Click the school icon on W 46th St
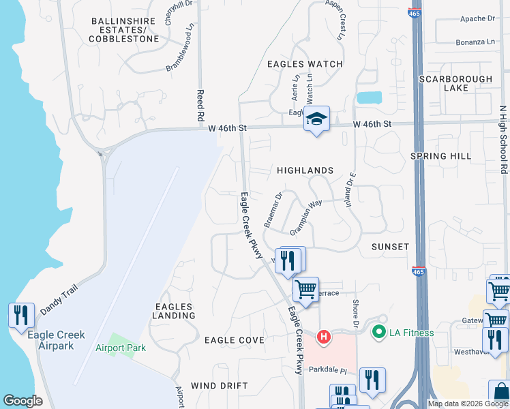316,119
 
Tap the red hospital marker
325,337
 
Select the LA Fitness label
411,333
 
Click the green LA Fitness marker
378,333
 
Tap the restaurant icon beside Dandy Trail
21,314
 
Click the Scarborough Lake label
455,83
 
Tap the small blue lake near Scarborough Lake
369,97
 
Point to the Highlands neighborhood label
305,170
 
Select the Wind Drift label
220,386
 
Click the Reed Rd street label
200,104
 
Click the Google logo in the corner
22,401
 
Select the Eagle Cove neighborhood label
235,340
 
